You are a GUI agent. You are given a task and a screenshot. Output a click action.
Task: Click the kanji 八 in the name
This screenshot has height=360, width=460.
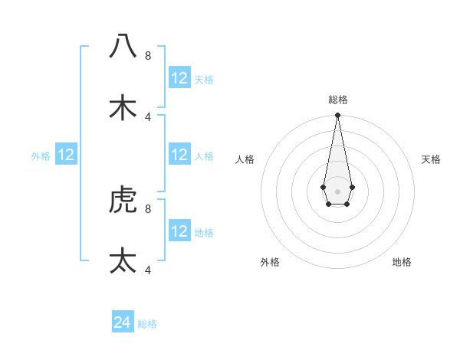[123, 47]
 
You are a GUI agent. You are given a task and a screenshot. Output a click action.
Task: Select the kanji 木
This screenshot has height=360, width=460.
[123, 108]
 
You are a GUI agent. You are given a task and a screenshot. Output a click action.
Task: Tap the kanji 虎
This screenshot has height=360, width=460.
[123, 200]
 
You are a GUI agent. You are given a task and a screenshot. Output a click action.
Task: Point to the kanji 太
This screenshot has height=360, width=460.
[123, 260]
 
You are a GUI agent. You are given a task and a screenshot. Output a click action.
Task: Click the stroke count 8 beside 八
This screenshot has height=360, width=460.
[148, 55]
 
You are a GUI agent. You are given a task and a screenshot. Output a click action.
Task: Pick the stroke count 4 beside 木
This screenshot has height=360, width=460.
[148, 116]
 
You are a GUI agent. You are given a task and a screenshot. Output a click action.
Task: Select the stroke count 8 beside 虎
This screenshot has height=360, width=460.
[148, 208]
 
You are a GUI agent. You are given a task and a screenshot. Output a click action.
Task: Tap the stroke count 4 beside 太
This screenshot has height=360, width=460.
[148, 270]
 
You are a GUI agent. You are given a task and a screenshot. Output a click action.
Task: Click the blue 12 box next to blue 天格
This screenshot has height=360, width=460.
[179, 78]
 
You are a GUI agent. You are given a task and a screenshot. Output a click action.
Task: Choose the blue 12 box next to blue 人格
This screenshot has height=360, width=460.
[179, 155]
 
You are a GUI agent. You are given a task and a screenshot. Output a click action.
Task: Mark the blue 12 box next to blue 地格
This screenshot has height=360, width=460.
[179, 231]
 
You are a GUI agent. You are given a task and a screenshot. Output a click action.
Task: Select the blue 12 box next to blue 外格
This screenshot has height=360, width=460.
[66, 155]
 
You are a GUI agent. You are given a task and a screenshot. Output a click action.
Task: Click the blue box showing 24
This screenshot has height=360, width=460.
[123, 323]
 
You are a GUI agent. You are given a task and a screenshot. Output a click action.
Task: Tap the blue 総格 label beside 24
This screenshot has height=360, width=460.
[147, 324]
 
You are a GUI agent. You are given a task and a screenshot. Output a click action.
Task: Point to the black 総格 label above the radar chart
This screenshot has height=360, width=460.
[337, 100]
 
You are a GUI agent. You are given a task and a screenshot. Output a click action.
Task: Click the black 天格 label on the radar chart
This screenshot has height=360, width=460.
[432, 159]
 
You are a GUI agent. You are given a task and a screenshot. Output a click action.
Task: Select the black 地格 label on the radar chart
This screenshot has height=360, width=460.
[402, 262]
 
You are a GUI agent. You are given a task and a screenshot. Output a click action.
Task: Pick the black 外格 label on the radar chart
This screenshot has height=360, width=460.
[270, 262]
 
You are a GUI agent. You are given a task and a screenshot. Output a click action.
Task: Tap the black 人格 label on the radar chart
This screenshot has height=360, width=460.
[245, 159]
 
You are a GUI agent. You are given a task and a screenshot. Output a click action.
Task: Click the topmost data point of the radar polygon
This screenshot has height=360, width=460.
[337, 116]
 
